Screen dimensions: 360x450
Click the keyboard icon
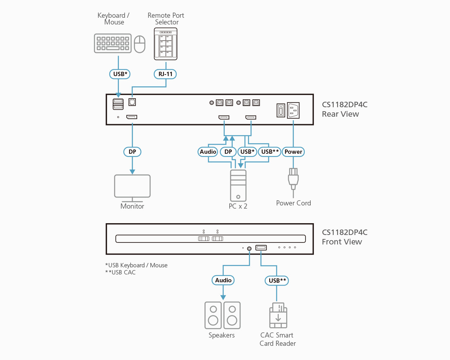pos(112,43)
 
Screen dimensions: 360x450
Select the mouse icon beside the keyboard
pos(140,44)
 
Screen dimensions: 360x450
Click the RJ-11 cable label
pos(165,74)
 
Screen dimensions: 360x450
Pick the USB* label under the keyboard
pos(119,74)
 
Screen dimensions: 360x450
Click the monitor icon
pos(132,186)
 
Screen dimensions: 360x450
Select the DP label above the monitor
pos(132,152)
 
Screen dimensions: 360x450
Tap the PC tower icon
pos(238,185)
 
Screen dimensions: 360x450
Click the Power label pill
pos(293,152)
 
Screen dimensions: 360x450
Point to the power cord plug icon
pos(293,179)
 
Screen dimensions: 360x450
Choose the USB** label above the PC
pos(270,152)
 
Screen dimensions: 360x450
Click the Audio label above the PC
pos(208,152)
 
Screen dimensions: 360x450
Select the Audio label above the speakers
pos(223,280)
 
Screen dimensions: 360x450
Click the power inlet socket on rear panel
pos(293,110)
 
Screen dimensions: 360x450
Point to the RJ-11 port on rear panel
pos(132,102)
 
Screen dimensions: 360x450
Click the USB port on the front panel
pos(261,248)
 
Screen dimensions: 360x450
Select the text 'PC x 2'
pos(238,206)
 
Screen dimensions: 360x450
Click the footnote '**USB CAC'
pos(120,272)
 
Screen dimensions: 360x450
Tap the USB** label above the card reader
pos(277,280)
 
